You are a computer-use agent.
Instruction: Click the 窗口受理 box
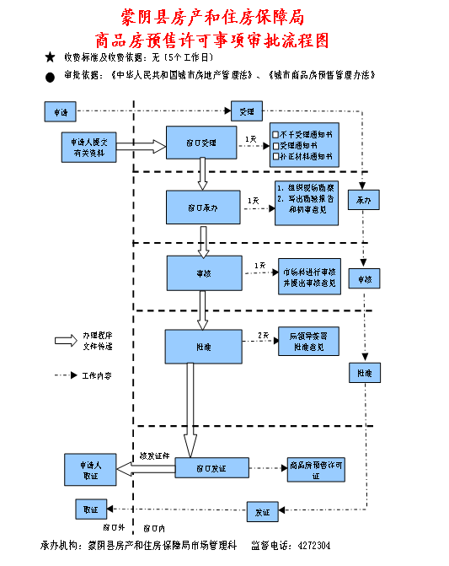click(200, 143)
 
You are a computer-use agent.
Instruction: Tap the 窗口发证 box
click(211, 468)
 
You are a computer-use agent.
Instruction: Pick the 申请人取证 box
click(93, 469)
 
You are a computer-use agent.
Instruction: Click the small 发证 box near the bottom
click(261, 512)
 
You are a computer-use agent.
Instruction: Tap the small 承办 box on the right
click(364, 201)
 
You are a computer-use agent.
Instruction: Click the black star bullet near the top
click(50, 57)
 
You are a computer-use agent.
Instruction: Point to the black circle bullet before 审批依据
click(50, 76)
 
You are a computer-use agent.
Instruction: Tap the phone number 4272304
click(314, 545)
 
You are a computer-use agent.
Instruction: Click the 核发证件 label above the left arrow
click(154, 455)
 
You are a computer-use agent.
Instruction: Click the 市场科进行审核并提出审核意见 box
click(309, 277)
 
